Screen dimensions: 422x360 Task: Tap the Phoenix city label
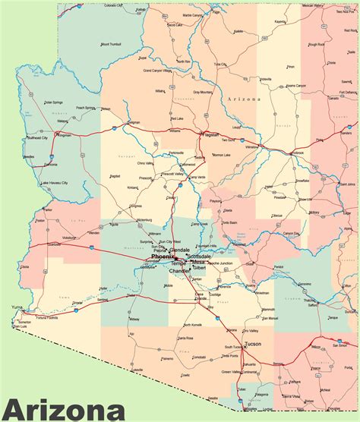(163, 257)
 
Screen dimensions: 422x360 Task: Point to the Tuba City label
(219, 65)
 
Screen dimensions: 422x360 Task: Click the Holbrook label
(296, 153)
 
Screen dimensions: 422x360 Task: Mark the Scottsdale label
(199, 257)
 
